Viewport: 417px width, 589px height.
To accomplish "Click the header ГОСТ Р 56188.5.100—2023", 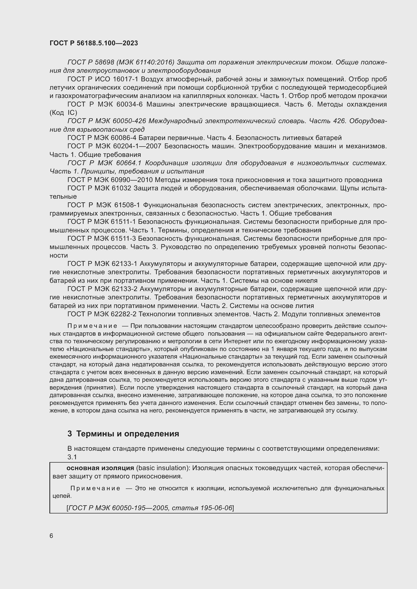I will click(94, 43).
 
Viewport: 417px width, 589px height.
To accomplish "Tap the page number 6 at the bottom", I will click(51, 536).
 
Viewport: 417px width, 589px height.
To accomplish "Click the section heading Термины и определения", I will click(128, 434).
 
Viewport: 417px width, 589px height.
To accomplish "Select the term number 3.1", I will click(72, 457).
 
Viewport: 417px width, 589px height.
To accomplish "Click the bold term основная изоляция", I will click(100, 468).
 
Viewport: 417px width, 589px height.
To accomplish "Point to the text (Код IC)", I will click(63, 113).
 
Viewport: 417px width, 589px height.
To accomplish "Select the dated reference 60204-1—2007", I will click(137, 146).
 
